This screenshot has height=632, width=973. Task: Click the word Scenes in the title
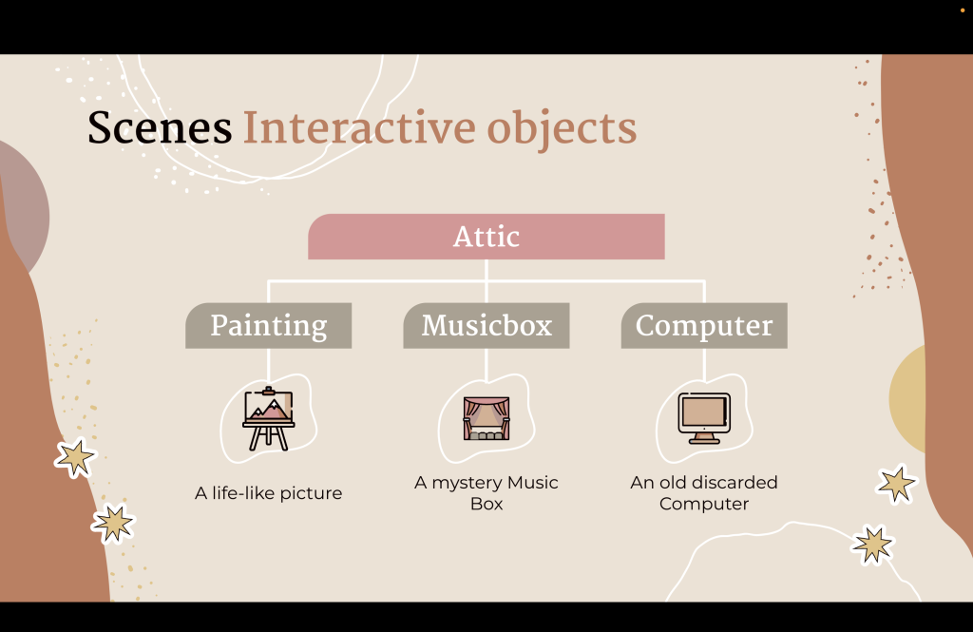[x=160, y=128]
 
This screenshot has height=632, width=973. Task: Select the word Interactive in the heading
[x=359, y=128]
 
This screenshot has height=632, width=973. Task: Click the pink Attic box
[x=486, y=237]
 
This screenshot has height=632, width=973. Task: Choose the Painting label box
[x=269, y=325]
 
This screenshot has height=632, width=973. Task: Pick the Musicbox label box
[x=486, y=325]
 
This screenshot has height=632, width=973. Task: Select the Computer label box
[x=704, y=325]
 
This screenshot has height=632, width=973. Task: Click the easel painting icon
[x=268, y=418]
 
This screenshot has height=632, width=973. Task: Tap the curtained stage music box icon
[x=486, y=418]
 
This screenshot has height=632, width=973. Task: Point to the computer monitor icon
[x=704, y=418]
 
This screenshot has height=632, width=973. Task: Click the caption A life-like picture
[x=269, y=493]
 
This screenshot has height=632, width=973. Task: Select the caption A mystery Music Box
[x=486, y=493]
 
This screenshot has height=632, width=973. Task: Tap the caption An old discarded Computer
[x=704, y=493]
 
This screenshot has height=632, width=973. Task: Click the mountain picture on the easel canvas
[x=269, y=408]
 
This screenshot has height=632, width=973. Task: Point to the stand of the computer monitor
[x=704, y=438]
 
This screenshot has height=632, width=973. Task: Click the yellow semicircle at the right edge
[x=908, y=399]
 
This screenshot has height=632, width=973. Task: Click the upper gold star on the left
[x=76, y=457]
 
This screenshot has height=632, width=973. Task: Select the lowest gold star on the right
[x=873, y=545]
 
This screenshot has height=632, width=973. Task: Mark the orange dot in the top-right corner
[x=963, y=10]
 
